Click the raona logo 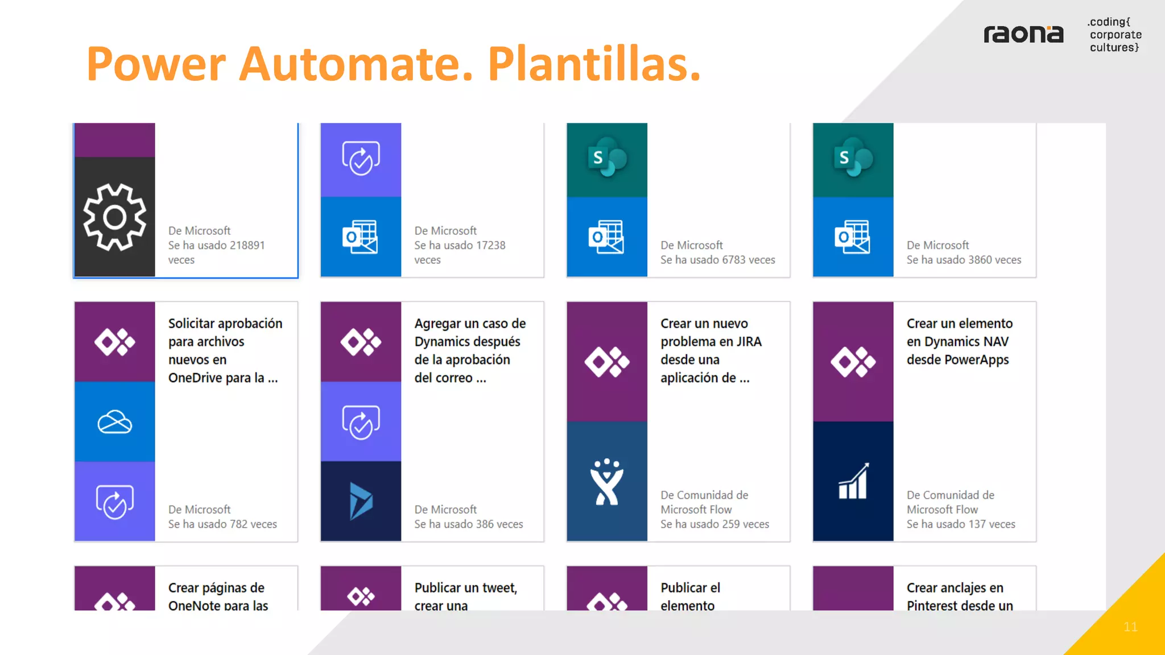1023,35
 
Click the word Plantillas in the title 594,64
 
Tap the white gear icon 114,217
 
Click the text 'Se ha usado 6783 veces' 717,260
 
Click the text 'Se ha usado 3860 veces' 964,260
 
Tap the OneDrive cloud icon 114,421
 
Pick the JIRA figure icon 606,482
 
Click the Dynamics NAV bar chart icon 853,482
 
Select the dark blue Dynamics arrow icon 361,501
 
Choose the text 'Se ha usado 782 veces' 222,524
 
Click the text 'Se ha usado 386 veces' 468,524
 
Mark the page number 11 1130,627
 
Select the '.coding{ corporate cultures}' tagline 1114,35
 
